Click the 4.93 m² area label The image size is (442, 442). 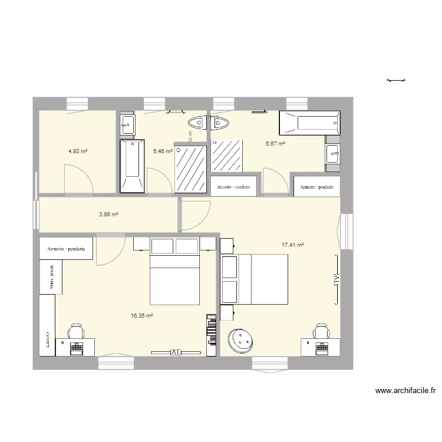[78, 151]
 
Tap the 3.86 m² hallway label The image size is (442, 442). [108, 215]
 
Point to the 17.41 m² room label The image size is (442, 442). [292, 245]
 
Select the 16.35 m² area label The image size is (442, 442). [142, 316]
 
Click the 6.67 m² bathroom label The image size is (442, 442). [275, 143]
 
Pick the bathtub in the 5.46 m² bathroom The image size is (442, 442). [132, 166]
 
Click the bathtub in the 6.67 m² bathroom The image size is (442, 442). [310, 124]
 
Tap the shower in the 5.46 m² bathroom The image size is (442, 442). [190, 167]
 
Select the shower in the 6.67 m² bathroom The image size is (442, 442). [226, 155]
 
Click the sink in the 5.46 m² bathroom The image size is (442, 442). [128, 124]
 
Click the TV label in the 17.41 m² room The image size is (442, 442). [336, 279]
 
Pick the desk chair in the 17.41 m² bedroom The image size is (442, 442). [321, 331]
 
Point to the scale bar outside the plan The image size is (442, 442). [396, 80]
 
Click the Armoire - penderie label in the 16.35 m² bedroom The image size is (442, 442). [67, 248]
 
